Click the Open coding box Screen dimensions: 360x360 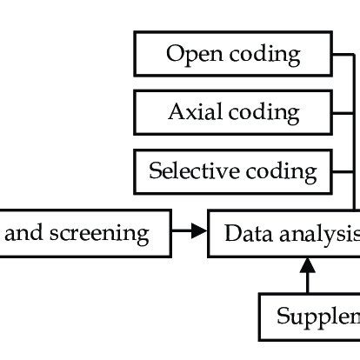click(x=232, y=55)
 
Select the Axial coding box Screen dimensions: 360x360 click(x=232, y=112)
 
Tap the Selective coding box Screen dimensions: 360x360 click(x=232, y=170)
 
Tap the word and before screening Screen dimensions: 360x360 click(x=29, y=233)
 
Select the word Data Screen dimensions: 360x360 click(x=243, y=233)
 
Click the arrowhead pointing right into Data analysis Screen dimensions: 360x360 click(x=201, y=232)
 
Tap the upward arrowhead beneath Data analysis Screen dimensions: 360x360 click(x=307, y=263)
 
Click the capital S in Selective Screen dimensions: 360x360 click(x=154, y=170)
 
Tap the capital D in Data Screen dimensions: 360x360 click(x=230, y=233)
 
